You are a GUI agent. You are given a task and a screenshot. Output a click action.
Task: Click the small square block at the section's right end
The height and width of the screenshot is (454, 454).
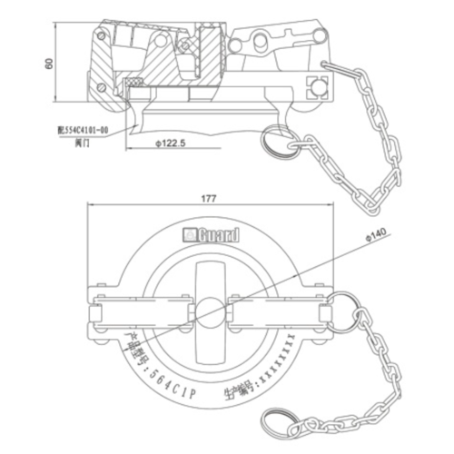(318, 85)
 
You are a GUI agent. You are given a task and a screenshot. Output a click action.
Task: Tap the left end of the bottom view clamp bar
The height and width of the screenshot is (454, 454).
(92, 306)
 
